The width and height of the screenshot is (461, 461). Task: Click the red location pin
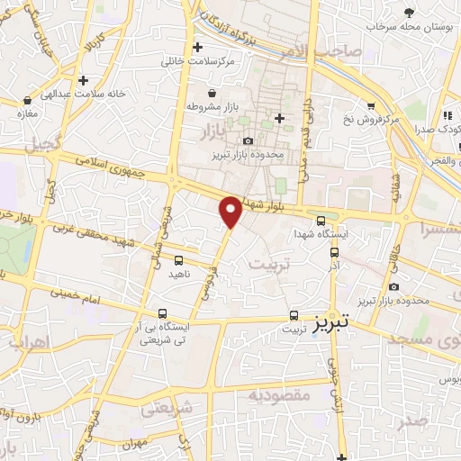pyautogui.click(x=231, y=211)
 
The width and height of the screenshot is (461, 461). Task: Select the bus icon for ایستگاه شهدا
pyautogui.click(x=321, y=220)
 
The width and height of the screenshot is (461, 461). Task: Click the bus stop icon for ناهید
pyautogui.click(x=179, y=260)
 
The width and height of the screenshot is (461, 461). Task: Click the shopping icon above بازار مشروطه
pyautogui.click(x=212, y=94)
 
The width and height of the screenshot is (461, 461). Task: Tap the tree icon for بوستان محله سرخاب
pyautogui.click(x=410, y=12)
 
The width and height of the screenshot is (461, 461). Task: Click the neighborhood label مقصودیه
pyautogui.click(x=279, y=394)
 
